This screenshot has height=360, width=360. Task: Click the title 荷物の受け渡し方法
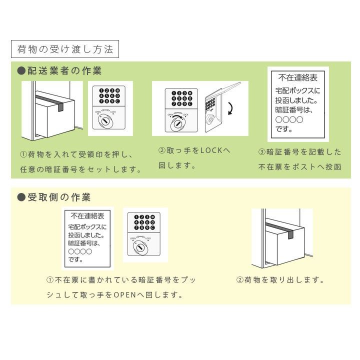[x=65, y=49]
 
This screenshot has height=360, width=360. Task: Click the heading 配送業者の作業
[x=64, y=70]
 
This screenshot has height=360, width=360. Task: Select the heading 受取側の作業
[x=59, y=197]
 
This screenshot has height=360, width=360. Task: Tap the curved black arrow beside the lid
[x=230, y=108]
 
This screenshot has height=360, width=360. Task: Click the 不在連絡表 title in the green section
[x=298, y=78]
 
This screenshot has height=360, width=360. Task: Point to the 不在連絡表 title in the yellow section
[x=87, y=216]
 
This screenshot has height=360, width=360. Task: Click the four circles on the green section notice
[x=289, y=119]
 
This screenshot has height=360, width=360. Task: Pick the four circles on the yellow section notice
[x=80, y=251]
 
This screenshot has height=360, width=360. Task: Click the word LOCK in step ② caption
[x=211, y=150]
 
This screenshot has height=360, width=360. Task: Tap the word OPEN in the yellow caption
[x=125, y=295]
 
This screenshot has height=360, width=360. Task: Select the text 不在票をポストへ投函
[x=299, y=167]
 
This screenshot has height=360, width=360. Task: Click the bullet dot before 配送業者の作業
[x=21, y=70]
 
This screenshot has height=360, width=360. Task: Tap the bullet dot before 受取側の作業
[x=21, y=197]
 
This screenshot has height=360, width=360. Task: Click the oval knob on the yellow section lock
[x=140, y=247]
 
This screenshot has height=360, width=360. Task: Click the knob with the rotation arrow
[x=177, y=124]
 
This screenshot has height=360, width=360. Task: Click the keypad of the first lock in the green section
[x=109, y=95]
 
